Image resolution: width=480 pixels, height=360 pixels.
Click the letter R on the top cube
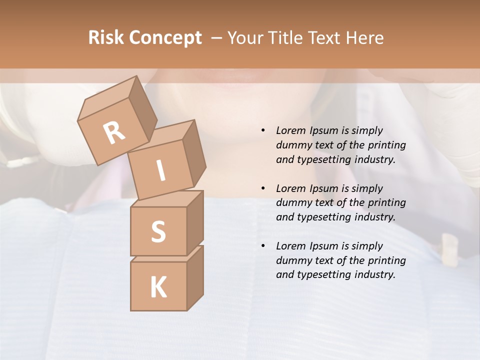114,133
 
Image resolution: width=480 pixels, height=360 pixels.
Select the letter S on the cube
158,231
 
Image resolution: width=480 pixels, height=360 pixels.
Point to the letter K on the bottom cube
158,287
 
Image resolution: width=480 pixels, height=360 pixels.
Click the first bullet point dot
263,130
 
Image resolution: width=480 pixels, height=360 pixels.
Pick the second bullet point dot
263,188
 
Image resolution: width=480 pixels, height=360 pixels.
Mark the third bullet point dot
263,246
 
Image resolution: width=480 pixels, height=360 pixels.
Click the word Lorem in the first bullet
290,130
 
